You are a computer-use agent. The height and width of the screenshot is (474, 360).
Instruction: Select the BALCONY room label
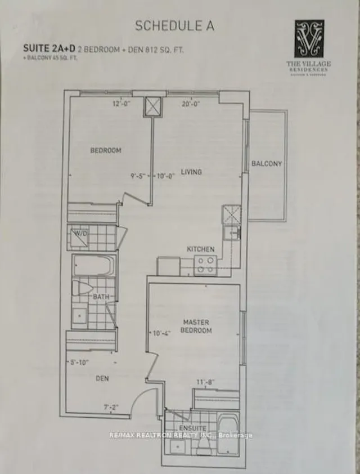[x=267, y=164]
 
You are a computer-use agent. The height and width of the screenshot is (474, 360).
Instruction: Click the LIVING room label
[x=191, y=172]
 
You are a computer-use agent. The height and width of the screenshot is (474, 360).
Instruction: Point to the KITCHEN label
[x=200, y=249]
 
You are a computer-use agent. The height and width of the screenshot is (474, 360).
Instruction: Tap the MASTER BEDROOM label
[x=196, y=327]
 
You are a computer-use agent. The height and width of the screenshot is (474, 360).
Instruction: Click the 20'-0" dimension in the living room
[x=191, y=103]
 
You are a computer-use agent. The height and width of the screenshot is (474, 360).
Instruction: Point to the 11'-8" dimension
[x=205, y=382]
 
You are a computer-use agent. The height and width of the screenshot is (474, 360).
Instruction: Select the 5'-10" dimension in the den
[x=78, y=363]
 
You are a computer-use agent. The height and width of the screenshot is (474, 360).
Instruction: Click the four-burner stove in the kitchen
[x=205, y=265]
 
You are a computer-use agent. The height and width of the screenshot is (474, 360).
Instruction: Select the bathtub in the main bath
[x=94, y=265]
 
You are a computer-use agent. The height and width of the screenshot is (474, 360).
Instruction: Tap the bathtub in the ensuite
[x=228, y=436]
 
